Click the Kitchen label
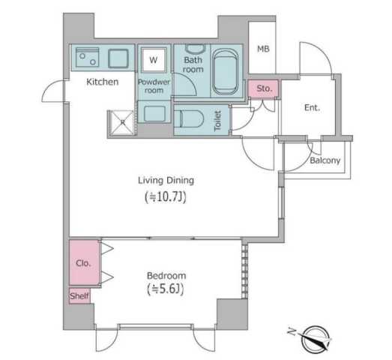click(x=102, y=82)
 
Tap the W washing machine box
click(x=153, y=58)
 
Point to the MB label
click(x=263, y=49)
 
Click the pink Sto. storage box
click(x=263, y=88)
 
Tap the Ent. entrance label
click(x=312, y=108)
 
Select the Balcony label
click(x=325, y=160)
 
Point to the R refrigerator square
click(x=122, y=121)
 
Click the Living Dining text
click(x=166, y=180)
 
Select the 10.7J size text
click(x=166, y=198)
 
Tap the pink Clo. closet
click(x=83, y=263)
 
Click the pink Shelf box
click(x=79, y=296)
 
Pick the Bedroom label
click(x=166, y=276)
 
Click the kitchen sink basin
click(x=118, y=58)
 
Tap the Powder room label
click(x=154, y=85)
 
